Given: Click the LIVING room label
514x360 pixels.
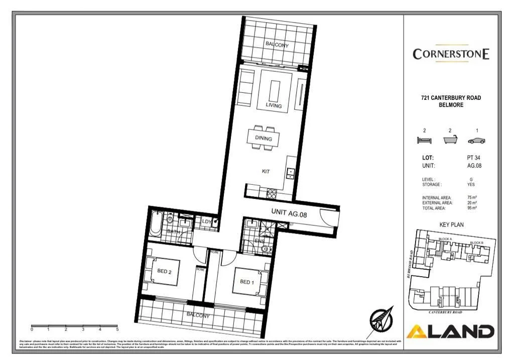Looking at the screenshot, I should (274, 106).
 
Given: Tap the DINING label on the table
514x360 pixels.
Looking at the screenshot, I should (264, 139).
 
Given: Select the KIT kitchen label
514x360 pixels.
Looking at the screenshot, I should (266, 172).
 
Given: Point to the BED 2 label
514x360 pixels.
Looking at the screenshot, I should (165, 271).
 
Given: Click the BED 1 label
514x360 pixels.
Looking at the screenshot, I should (246, 282).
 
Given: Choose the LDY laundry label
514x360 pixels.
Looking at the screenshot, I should (206, 221).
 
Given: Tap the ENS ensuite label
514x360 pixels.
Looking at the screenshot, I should (261, 241).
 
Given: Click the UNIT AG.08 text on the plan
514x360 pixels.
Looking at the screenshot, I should (289, 213).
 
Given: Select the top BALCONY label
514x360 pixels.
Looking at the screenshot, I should (277, 45).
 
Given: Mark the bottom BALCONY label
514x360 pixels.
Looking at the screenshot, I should (198, 315).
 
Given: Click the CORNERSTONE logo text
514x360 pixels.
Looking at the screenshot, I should (451, 54).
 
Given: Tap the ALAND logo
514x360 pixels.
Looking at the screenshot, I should (450, 331).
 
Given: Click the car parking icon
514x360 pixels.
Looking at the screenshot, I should (476, 141).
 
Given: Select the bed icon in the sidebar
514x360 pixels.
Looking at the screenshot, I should (424, 141).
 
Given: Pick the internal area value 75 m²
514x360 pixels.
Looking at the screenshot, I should (472, 198).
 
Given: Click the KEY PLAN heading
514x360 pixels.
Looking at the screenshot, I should (451, 225).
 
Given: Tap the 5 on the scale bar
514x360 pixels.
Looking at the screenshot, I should (117, 330).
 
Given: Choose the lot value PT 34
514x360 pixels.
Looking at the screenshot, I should (474, 158).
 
